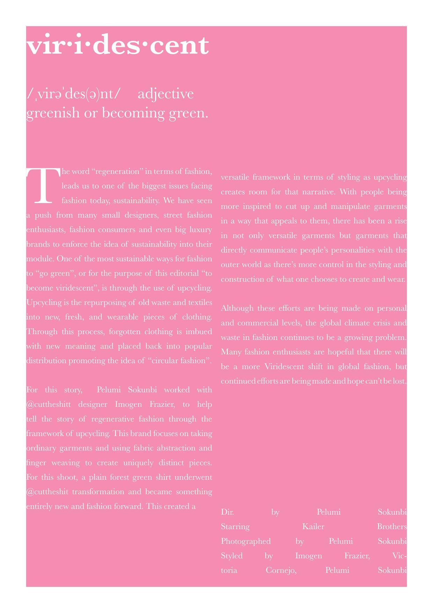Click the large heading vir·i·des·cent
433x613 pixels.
coord(118,46)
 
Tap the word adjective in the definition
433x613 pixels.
coord(166,94)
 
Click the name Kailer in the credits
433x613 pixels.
coord(313,527)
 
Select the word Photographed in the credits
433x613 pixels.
coord(246,541)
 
